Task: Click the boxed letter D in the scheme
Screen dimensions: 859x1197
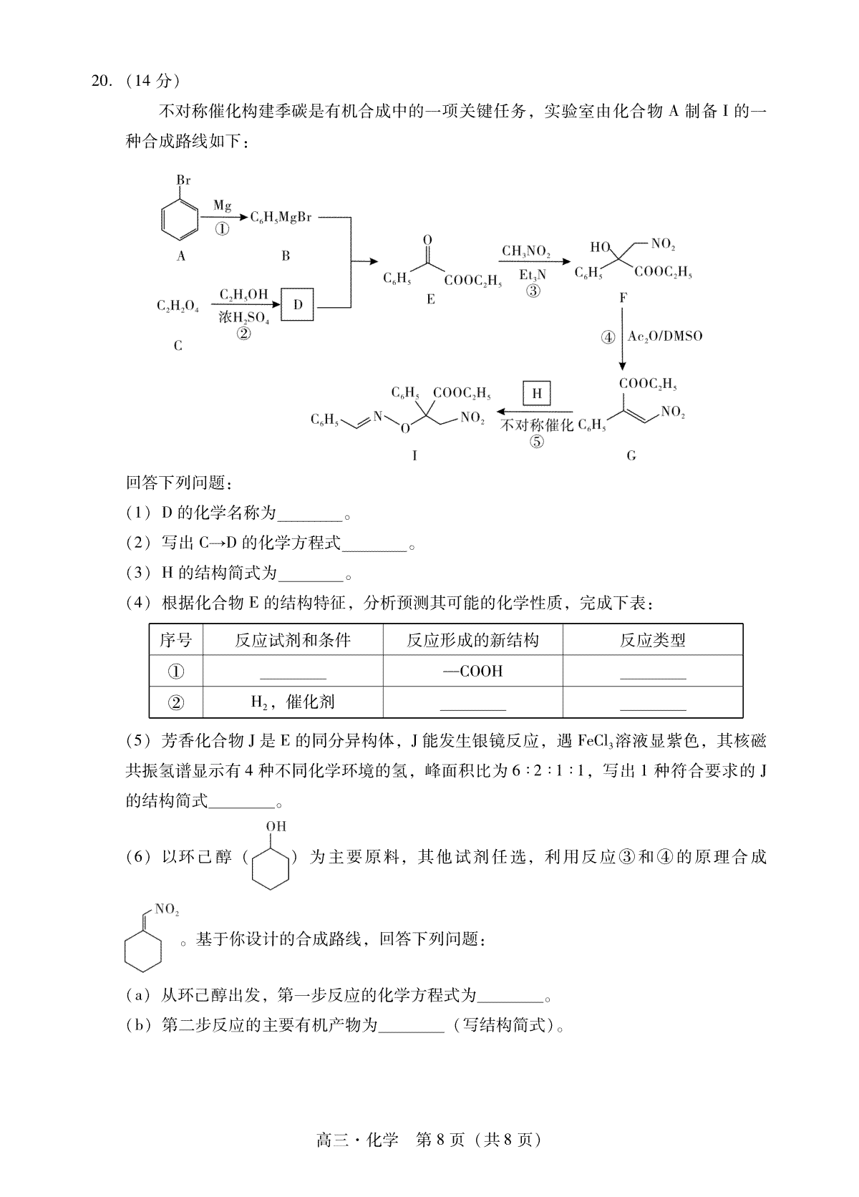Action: click(x=298, y=304)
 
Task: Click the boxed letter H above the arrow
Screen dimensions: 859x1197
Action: click(x=536, y=393)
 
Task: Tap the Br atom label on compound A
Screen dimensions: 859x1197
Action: click(x=183, y=180)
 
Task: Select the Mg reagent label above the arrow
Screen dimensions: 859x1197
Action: click(x=222, y=205)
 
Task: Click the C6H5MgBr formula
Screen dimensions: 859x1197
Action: click(x=281, y=218)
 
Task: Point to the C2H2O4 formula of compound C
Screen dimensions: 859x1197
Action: click(x=178, y=306)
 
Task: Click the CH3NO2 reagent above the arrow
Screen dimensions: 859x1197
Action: click(x=526, y=251)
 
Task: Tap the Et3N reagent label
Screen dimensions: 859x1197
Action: click(x=533, y=275)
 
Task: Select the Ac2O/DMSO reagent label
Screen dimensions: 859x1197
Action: click(x=665, y=336)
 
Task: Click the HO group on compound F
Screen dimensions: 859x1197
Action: click(x=600, y=247)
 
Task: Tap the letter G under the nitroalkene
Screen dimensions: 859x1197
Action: click(x=631, y=455)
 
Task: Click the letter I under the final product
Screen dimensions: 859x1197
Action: click(x=414, y=455)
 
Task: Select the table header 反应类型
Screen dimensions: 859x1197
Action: click(x=652, y=639)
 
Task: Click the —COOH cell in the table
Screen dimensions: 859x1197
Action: click(x=472, y=672)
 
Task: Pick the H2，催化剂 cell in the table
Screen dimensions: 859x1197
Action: click(x=293, y=702)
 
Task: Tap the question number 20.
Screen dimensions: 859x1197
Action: click(x=102, y=81)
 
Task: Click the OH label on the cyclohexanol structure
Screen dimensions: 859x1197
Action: click(x=276, y=826)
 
